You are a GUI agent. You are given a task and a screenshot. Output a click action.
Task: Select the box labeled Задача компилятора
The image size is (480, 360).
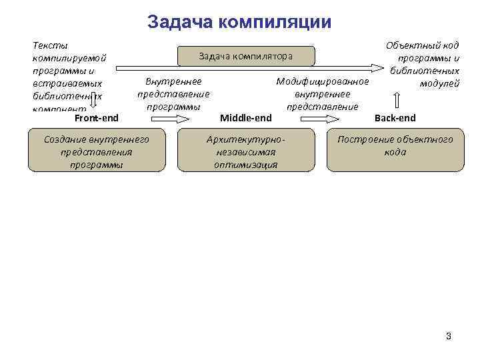pyautogui.click(x=245, y=57)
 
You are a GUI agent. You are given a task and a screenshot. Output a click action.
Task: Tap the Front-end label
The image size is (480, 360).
pyautogui.click(x=97, y=118)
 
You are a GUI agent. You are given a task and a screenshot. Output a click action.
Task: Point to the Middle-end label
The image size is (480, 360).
pyautogui.click(x=245, y=118)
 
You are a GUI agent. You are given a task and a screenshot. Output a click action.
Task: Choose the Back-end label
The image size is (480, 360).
pyautogui.click(x=395, y=118)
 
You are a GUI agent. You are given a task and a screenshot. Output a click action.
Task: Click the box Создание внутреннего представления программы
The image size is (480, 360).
pyautogui.click(x=96, y=151)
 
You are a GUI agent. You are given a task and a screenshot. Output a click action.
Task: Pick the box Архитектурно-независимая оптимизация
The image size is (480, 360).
pyautogui.click(x=246, y=151)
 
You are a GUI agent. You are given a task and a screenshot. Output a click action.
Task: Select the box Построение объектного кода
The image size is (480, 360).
pyautogui.click(x=395, y=145)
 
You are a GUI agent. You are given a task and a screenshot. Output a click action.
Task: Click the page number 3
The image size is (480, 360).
pyautogui.click(x=449, y=336)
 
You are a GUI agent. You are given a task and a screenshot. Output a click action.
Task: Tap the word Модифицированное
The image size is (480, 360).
pyautogui.click(x=323, y=82)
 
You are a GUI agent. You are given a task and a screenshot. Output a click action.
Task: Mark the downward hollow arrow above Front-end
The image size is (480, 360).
pyautogui.click(x=95, y=101)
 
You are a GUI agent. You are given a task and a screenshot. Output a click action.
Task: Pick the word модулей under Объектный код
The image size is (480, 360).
pyautogui.click(x=439, y=83)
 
